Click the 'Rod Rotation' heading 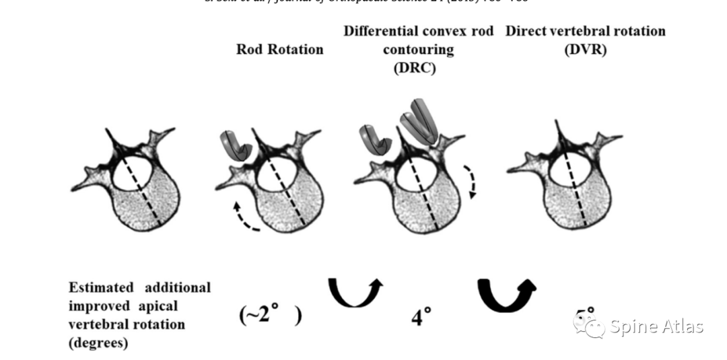tap(279, 49)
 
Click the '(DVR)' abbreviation tap(585, 49)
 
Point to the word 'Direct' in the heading tap(528, 31)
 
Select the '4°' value tap(421, 316)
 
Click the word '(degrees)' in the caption tap(98, 343)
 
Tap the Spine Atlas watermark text tap(656, 327)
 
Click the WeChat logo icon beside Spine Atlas tap(589, 326)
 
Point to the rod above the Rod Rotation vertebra tap(236, 146)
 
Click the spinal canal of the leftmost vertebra tap(129, 172)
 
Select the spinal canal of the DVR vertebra tap(566, 168)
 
